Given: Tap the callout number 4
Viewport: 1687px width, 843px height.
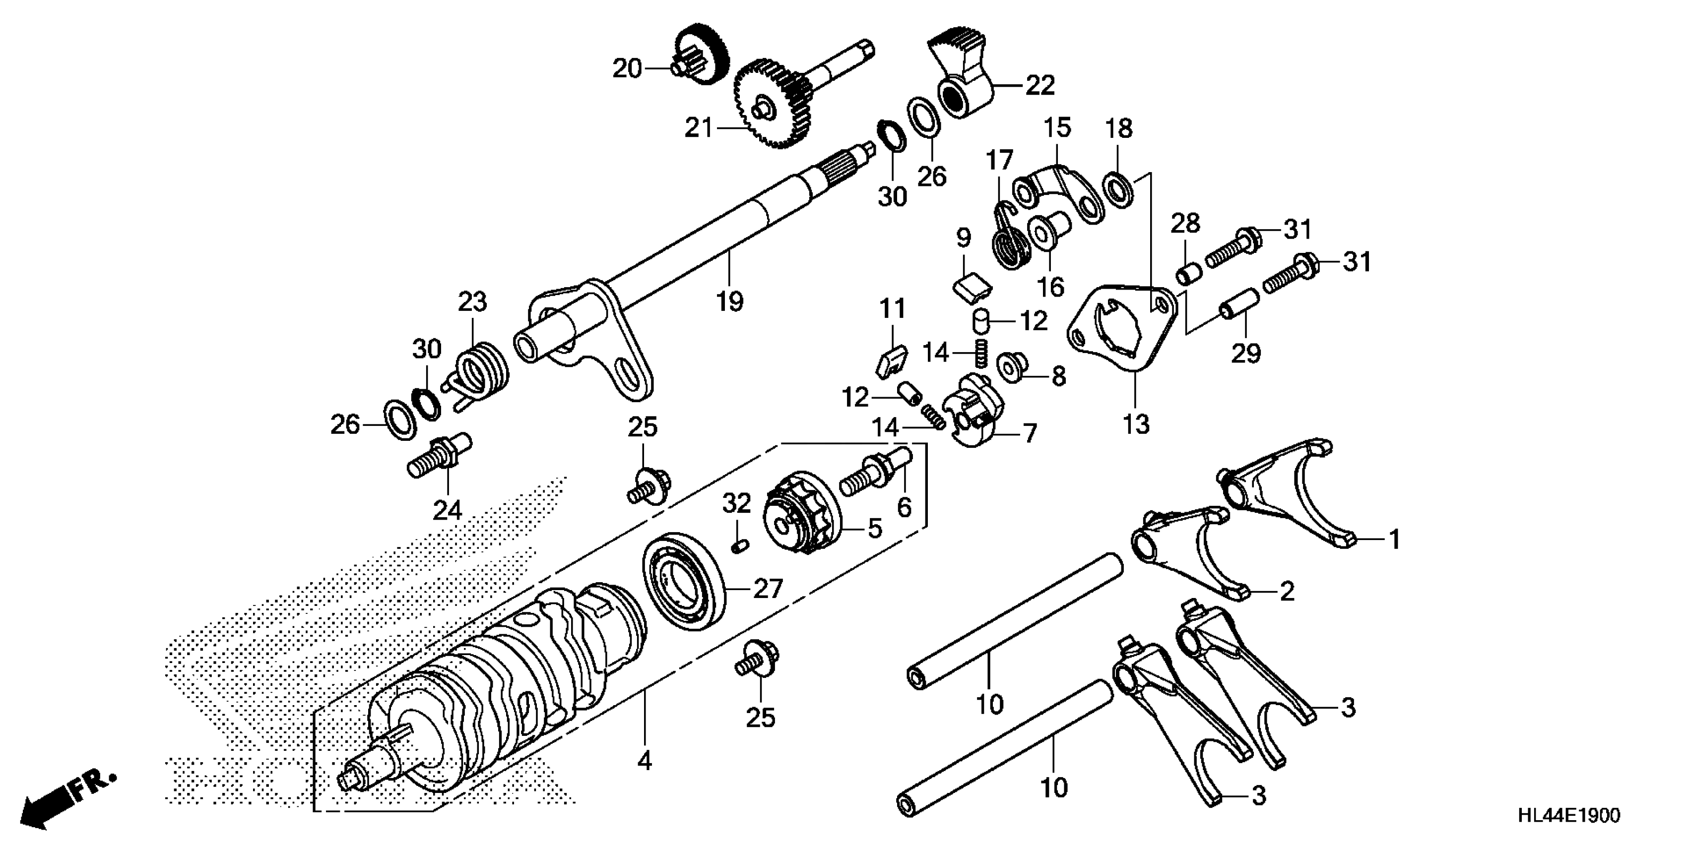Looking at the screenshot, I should pyautogui.click(x=645, y=761).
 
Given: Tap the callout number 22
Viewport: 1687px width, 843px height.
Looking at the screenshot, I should pyautogui.click(x=1040, y=85).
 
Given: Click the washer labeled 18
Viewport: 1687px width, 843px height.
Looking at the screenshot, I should pyautogui.click(x=1118, y=188).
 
